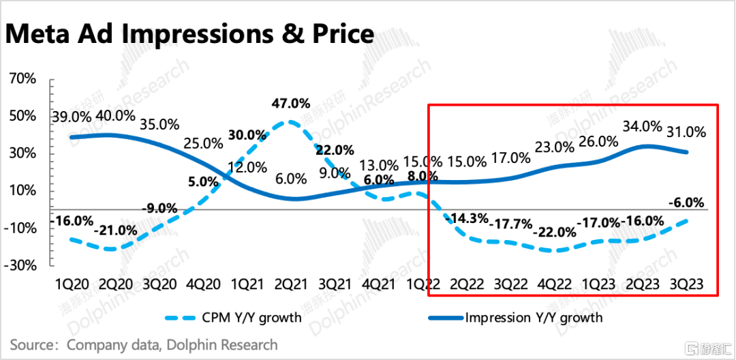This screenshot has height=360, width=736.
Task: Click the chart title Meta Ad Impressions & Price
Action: point(190,32)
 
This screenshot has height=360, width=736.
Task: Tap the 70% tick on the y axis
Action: point(23,78)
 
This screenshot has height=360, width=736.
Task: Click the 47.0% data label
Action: point(290,104)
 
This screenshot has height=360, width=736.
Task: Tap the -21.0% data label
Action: point(115,230)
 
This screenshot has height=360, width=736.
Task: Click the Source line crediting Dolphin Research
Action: point(144,345)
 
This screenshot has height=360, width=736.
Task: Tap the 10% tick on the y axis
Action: point(23,190)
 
